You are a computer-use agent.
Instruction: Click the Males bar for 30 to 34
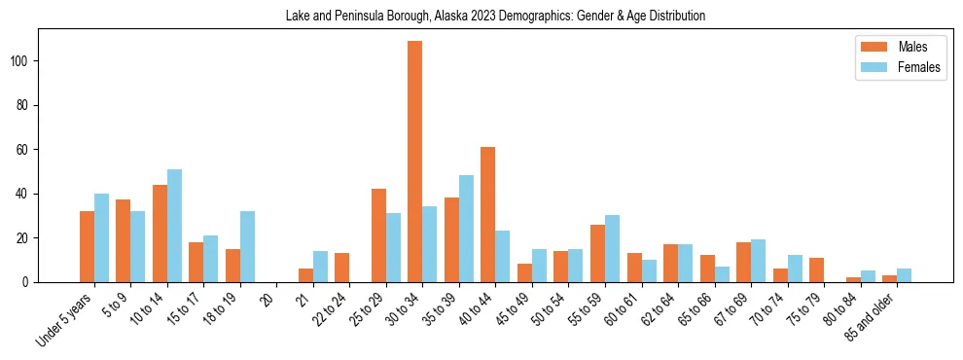[x=415, y=162]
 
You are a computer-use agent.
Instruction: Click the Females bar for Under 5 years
[x=101, y=237]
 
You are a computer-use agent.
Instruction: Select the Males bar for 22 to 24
[x=342, y=268]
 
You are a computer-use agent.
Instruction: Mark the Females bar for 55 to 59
[x=612, y=248]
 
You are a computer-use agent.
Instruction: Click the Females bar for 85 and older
[x=904, y=275]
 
